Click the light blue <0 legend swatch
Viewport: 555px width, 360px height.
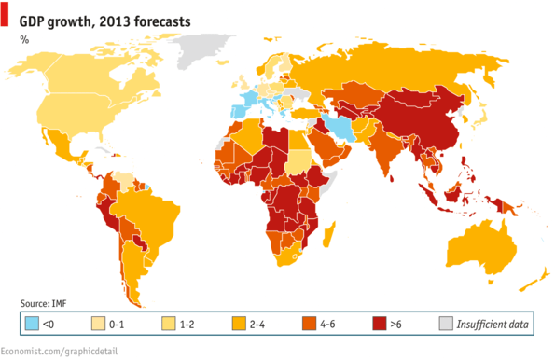32,325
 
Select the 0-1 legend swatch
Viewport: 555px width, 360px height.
97,325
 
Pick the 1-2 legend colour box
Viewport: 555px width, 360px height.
169,325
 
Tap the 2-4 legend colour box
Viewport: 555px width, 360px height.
240,325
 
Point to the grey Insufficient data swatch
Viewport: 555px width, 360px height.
445,325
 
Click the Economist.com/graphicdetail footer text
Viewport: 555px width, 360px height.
62,351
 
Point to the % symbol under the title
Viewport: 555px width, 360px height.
24,38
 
